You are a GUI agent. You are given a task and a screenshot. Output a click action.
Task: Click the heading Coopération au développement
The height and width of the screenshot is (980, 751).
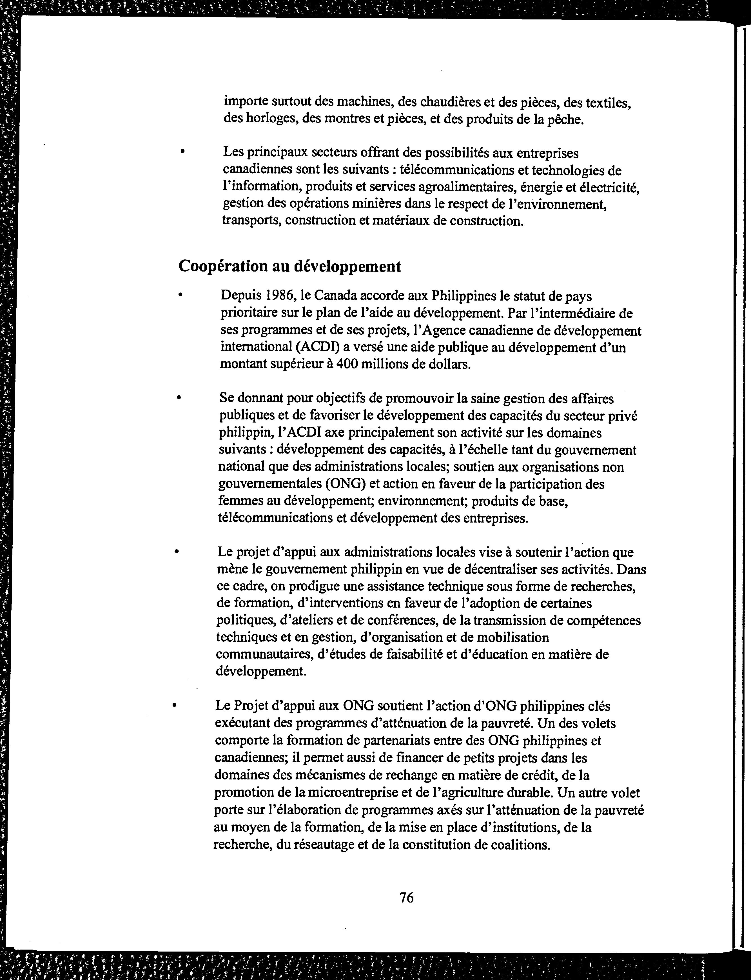click(290, 266)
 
